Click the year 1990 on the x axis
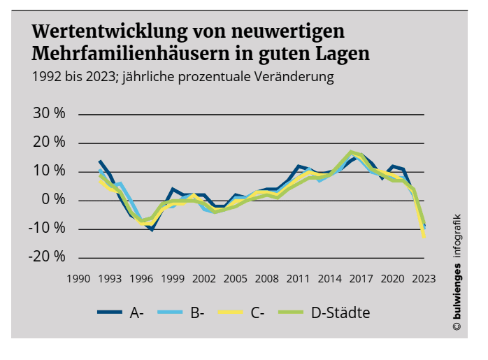[78, 278]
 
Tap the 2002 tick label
[203, 278]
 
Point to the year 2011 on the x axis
[298, 278]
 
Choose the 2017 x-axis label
[361, 278]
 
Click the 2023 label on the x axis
[424, 278]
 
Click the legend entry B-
[197, 312]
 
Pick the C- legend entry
[256, 312]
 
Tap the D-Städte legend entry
[340, 312]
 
